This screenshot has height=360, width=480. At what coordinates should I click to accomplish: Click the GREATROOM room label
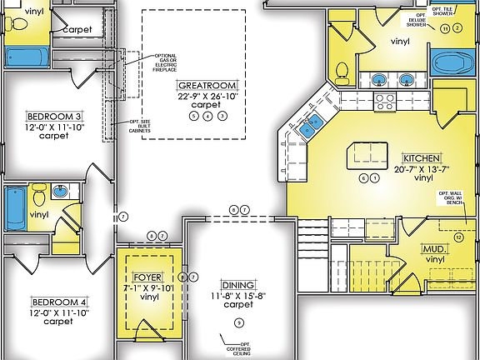[207, 86]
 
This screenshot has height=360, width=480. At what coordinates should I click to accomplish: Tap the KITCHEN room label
[421, 157]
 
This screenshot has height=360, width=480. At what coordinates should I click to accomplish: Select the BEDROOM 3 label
[54, 116]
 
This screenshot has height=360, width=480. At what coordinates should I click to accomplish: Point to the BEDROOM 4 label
[58, 302]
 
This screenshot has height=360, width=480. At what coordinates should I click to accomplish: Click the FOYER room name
[149, 277]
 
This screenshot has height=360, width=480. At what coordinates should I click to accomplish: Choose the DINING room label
[238, 284]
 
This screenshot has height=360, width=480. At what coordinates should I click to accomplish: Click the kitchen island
[363, 153]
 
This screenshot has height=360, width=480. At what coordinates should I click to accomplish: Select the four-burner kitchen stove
[385, 102]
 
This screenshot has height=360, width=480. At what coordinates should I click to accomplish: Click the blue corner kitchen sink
[312, 126]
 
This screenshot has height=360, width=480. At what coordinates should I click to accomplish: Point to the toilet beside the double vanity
[341, 73]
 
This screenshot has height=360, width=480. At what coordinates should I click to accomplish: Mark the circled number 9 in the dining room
[237, 322]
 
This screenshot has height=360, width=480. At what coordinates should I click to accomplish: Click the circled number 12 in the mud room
[457, 237]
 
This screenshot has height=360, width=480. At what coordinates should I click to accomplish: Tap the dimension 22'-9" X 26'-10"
[207, 96]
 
